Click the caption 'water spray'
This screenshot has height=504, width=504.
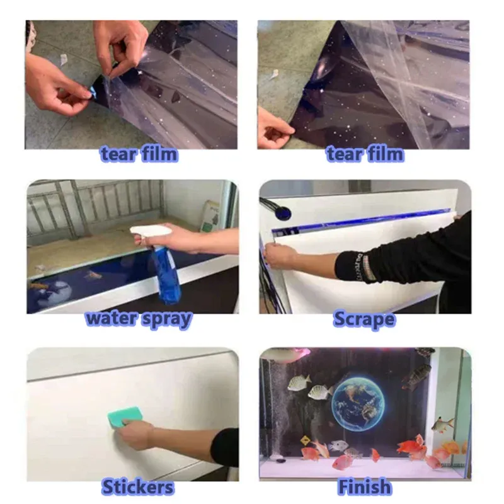[x=139, y=319]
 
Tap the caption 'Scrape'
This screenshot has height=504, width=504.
[x=364, y=319]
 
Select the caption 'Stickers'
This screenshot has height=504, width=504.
[x=138, y=486]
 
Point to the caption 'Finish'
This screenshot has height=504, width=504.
[x=365, y=486]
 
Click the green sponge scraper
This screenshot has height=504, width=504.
[x=125, y=417]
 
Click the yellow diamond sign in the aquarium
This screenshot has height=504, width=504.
[x=305, y=440]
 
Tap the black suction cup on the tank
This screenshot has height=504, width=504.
[x=283, y=213]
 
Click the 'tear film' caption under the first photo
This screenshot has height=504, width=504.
[x=139, y=154]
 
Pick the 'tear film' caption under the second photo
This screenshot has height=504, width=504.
[x=365, y=154]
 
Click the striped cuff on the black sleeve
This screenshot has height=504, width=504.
[x=365, y=266]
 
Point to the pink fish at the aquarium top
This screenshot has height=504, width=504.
[x=286, y=353]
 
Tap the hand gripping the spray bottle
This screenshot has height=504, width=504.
[x=180, y=239]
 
